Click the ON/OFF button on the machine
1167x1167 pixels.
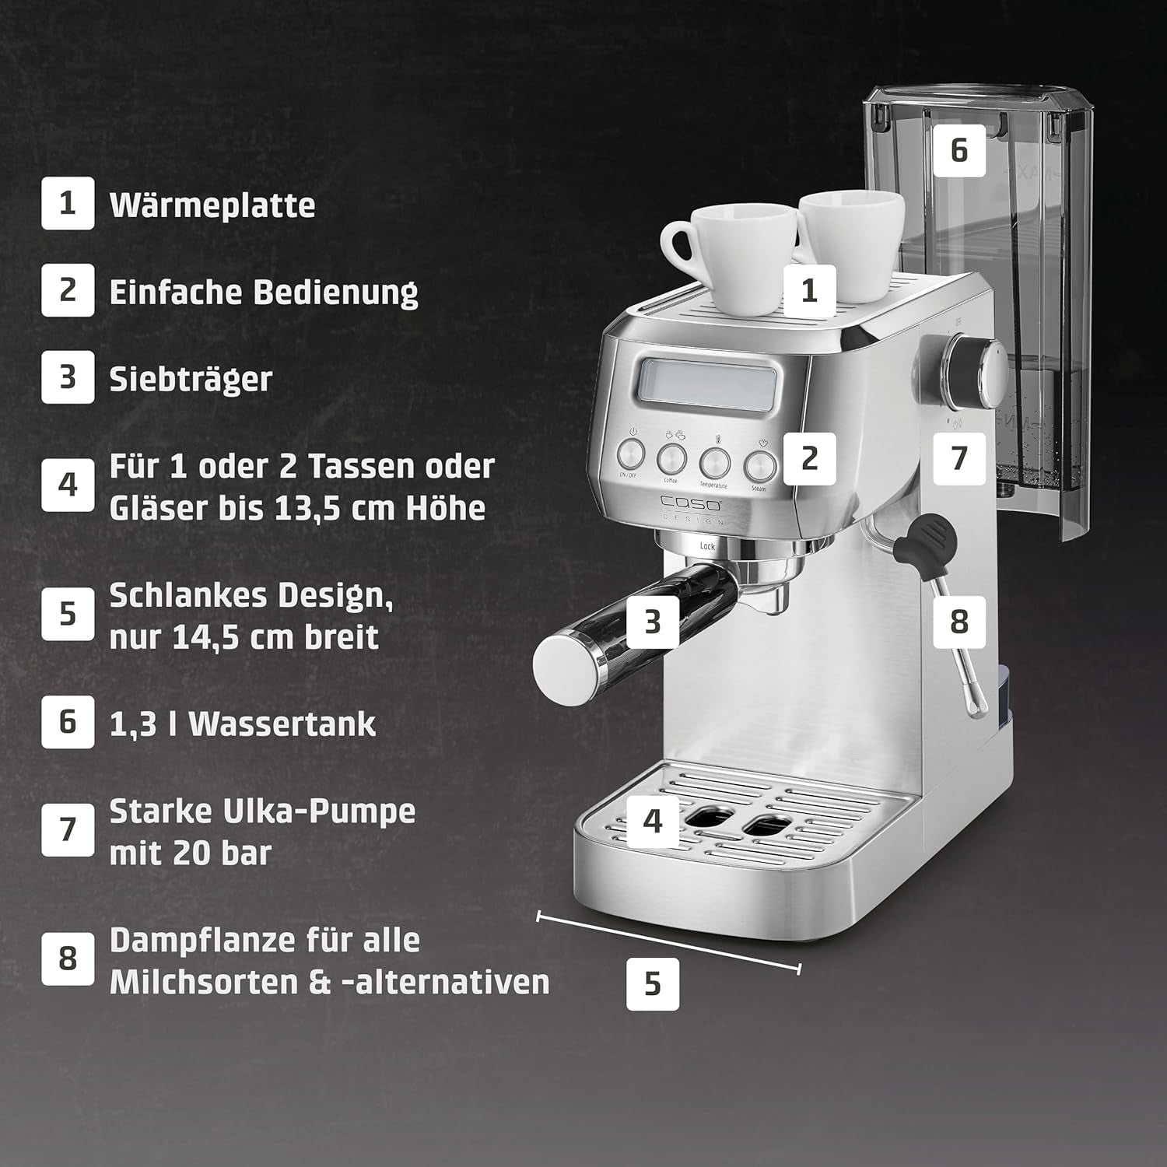click(x=632, y=454)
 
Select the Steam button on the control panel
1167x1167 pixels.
click(x=760, y=466)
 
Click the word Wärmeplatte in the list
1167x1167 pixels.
click(x=212, y=205)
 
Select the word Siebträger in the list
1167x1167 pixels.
click(x=191, y=379)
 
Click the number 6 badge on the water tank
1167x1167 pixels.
click(x=958, y=149)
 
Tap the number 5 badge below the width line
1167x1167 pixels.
click(x=653, y=984)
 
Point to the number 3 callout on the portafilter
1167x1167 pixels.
click(x=653, y=621)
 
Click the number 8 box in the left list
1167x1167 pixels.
click(x=68, y=958)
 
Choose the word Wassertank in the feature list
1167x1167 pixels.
click(x=282, y=724)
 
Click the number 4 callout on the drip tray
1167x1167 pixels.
click(x=653, y=819)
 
